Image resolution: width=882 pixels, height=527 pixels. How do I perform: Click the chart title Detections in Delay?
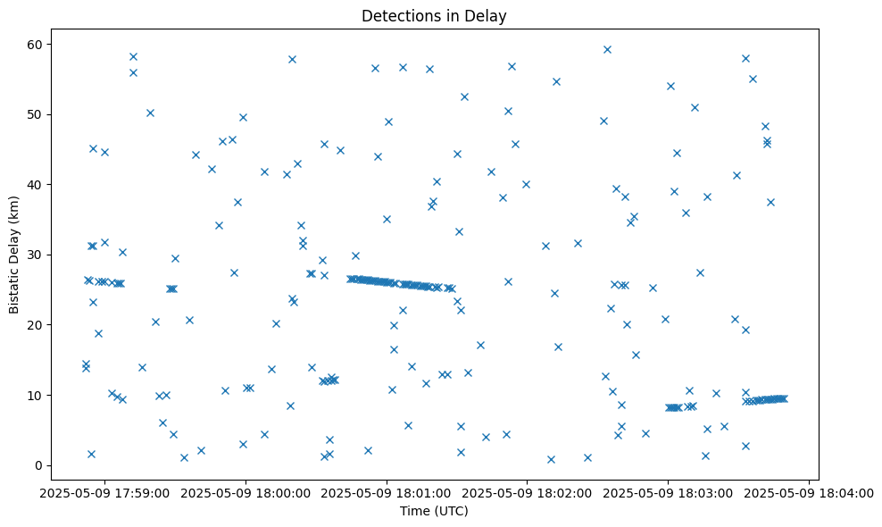click(434, 16)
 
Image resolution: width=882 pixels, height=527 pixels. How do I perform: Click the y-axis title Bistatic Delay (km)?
click(15, 255)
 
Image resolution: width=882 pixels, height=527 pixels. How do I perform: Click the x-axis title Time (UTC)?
click(434, 512)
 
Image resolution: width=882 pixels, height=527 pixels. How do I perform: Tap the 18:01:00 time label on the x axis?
click(387, 492)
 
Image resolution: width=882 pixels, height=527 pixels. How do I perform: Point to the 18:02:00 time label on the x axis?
click(528, 492)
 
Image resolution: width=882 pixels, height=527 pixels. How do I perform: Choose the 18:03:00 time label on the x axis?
click(669, 492)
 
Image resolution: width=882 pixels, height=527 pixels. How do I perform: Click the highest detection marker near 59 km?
click(607, 49)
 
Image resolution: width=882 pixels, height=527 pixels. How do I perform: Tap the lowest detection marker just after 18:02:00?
click(551, 459)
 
